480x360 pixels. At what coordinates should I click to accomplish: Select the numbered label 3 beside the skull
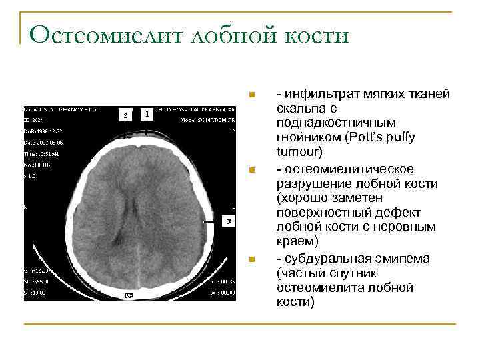(x=229, y=221)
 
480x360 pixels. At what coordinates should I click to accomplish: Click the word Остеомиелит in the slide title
(x=106, y=35)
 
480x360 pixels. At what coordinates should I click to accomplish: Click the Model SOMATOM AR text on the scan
(x=207, y=120)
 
